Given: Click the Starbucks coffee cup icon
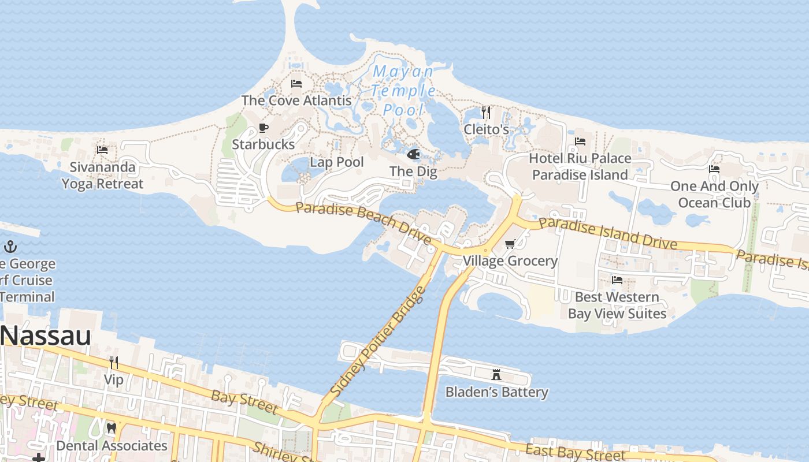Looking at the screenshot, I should point(264,128).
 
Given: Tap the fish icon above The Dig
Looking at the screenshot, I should point(414,154).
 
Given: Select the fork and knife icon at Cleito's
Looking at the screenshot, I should point(486,112).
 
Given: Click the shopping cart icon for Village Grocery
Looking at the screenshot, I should point(510,244).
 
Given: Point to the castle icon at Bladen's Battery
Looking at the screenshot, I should point(496,375).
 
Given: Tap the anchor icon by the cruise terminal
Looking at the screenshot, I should point(10,247).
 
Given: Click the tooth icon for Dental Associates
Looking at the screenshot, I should point(112,429).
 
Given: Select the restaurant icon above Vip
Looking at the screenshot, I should point(114,363).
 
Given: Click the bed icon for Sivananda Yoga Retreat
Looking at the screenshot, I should point(102,150).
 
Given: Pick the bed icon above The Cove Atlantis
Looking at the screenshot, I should point(296,83).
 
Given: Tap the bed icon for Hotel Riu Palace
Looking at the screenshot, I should point(580,141).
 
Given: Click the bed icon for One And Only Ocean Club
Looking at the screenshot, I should point(714,169).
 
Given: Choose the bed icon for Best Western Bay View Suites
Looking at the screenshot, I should point(617,280).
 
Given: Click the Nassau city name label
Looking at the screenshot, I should point(46,336).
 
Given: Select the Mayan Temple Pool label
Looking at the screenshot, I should point(403,91).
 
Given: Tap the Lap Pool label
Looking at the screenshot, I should point(337,162).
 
